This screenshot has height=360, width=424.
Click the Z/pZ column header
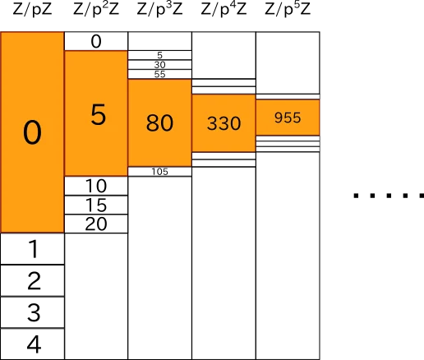click(x=32, y=9)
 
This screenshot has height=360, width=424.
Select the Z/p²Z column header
click(x=96, y=9)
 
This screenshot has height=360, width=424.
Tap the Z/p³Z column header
click(x=159, y=9)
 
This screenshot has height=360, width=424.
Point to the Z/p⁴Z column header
click(x=224, y=9)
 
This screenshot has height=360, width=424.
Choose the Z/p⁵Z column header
click(x=288, y=9)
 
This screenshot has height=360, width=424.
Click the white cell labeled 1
click(x=32, y=249)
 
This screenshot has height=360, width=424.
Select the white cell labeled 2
click(x=32, y=280)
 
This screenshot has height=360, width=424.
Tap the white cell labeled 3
click(x=32, y=312)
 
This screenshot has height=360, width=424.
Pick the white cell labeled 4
click(x=32, y=344)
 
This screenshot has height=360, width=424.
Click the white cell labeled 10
click(x=96, y=186)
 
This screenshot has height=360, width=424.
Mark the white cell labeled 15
click(x=96, y=205)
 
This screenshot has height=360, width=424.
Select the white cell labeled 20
click(x=96, y=224)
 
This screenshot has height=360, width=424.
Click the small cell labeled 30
click(x=159, y=65)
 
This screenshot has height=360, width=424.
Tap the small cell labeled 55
click(x=159, y=74)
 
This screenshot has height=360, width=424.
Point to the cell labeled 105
click(x=159, y=172)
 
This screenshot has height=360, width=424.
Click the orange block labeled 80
click(x=159, y=122)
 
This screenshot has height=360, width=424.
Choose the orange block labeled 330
click(x=224, y=123)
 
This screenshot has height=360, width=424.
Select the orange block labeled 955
click(x=288, y=118)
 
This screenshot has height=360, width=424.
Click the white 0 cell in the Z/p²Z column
click(x=96, y=41)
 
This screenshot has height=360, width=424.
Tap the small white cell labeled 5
click(x=159, y=55)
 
